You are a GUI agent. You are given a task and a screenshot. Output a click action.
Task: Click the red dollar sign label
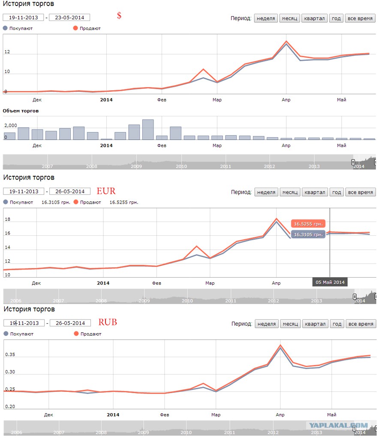coord(119,16)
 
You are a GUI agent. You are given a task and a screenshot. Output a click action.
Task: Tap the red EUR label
coord(106,191)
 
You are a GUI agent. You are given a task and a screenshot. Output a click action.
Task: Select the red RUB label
coord(108,322)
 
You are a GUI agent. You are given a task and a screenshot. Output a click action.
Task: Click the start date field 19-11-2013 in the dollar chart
coord(23,17)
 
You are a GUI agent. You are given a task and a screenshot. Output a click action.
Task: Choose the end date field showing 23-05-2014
coord(69,17)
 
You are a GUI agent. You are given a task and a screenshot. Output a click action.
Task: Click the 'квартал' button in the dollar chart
coord(314,18)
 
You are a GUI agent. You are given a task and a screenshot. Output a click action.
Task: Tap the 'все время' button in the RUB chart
coord(361,324)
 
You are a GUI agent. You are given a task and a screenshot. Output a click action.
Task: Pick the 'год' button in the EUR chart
coord(337,192)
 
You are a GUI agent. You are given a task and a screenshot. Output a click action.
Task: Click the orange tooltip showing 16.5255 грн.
coord(308,224)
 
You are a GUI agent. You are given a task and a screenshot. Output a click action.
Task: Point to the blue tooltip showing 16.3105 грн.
coord(308,234)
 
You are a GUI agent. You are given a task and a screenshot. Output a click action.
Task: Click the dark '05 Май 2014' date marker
coord(330,282)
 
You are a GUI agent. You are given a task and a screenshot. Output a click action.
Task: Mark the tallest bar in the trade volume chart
coord(148,130)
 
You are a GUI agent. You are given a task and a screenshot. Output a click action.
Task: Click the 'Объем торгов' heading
coord(21,111)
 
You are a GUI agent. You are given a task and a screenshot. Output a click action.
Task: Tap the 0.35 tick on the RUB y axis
coord(10,355)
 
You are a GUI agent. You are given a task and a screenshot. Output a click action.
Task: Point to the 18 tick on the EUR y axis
coord(8,219)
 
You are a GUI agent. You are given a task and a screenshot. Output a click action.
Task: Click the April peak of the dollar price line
coord(286,41)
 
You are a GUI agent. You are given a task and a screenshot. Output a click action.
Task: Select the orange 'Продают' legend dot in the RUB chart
coord(76,334)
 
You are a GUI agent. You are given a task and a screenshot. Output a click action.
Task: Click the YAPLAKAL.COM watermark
coord(338,426)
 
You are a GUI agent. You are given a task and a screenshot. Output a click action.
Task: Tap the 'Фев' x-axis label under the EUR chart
coord(157,283)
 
